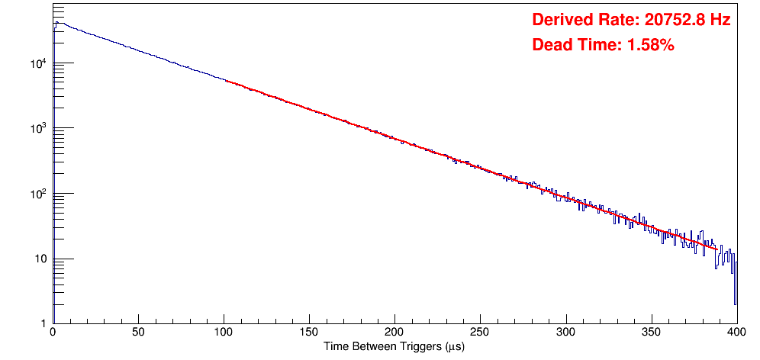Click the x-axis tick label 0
click(x=53, y=333)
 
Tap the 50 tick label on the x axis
click(x=138, y=333)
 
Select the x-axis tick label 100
click(x=224, y=333)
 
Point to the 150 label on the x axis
click(x=309, y=333)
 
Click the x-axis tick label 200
click(x=394, y=333)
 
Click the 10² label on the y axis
click(x=40, y=194)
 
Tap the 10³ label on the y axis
click(x=40, y=129)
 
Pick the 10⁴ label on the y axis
click(x=40, y=64)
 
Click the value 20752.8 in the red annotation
click(x=672, y=21)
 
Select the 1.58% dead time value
click(x=650, y=46)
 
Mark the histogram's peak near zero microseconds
click(x=56, y=22)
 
